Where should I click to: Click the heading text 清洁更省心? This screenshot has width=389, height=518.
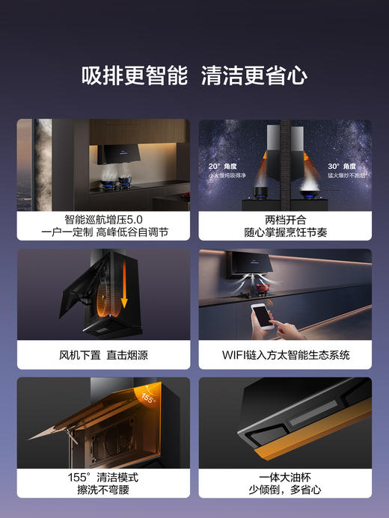[254, 76]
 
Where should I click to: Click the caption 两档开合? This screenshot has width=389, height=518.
[285, 220]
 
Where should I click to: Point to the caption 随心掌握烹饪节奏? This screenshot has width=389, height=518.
[285, 232]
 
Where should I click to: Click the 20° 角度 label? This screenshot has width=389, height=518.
[224, 167]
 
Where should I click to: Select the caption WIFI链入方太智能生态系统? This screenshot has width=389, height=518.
[285, 355]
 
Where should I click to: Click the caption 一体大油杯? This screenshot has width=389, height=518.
[285, 477]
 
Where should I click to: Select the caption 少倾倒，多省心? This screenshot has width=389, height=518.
[285, 490]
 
